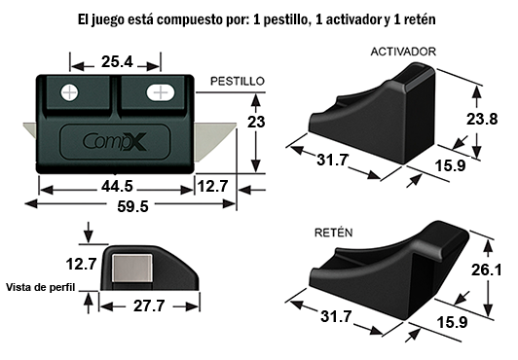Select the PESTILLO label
238,81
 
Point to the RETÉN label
333,234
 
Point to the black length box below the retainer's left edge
335,316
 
